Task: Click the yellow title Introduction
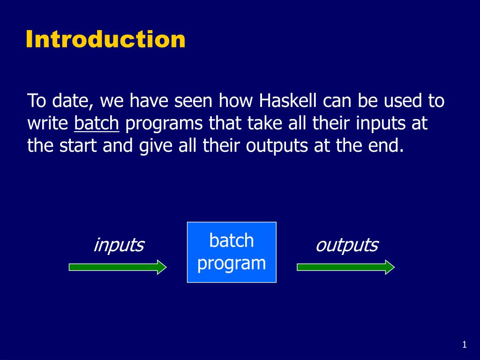point(105,39)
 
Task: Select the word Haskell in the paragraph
point(288,100)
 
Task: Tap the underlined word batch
point(97,123)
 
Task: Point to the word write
point(48,123)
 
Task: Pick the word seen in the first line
point(193,101)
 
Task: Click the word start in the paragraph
point(78,146)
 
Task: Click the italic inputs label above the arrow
point(119,245)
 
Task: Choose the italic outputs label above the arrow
point(347,245)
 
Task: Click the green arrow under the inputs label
point(118,267)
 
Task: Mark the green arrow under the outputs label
point(345,267)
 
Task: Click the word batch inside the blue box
point(232,240)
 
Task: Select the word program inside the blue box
point(232,264)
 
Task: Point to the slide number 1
point(465,345)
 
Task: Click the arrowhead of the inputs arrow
point(162,267)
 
